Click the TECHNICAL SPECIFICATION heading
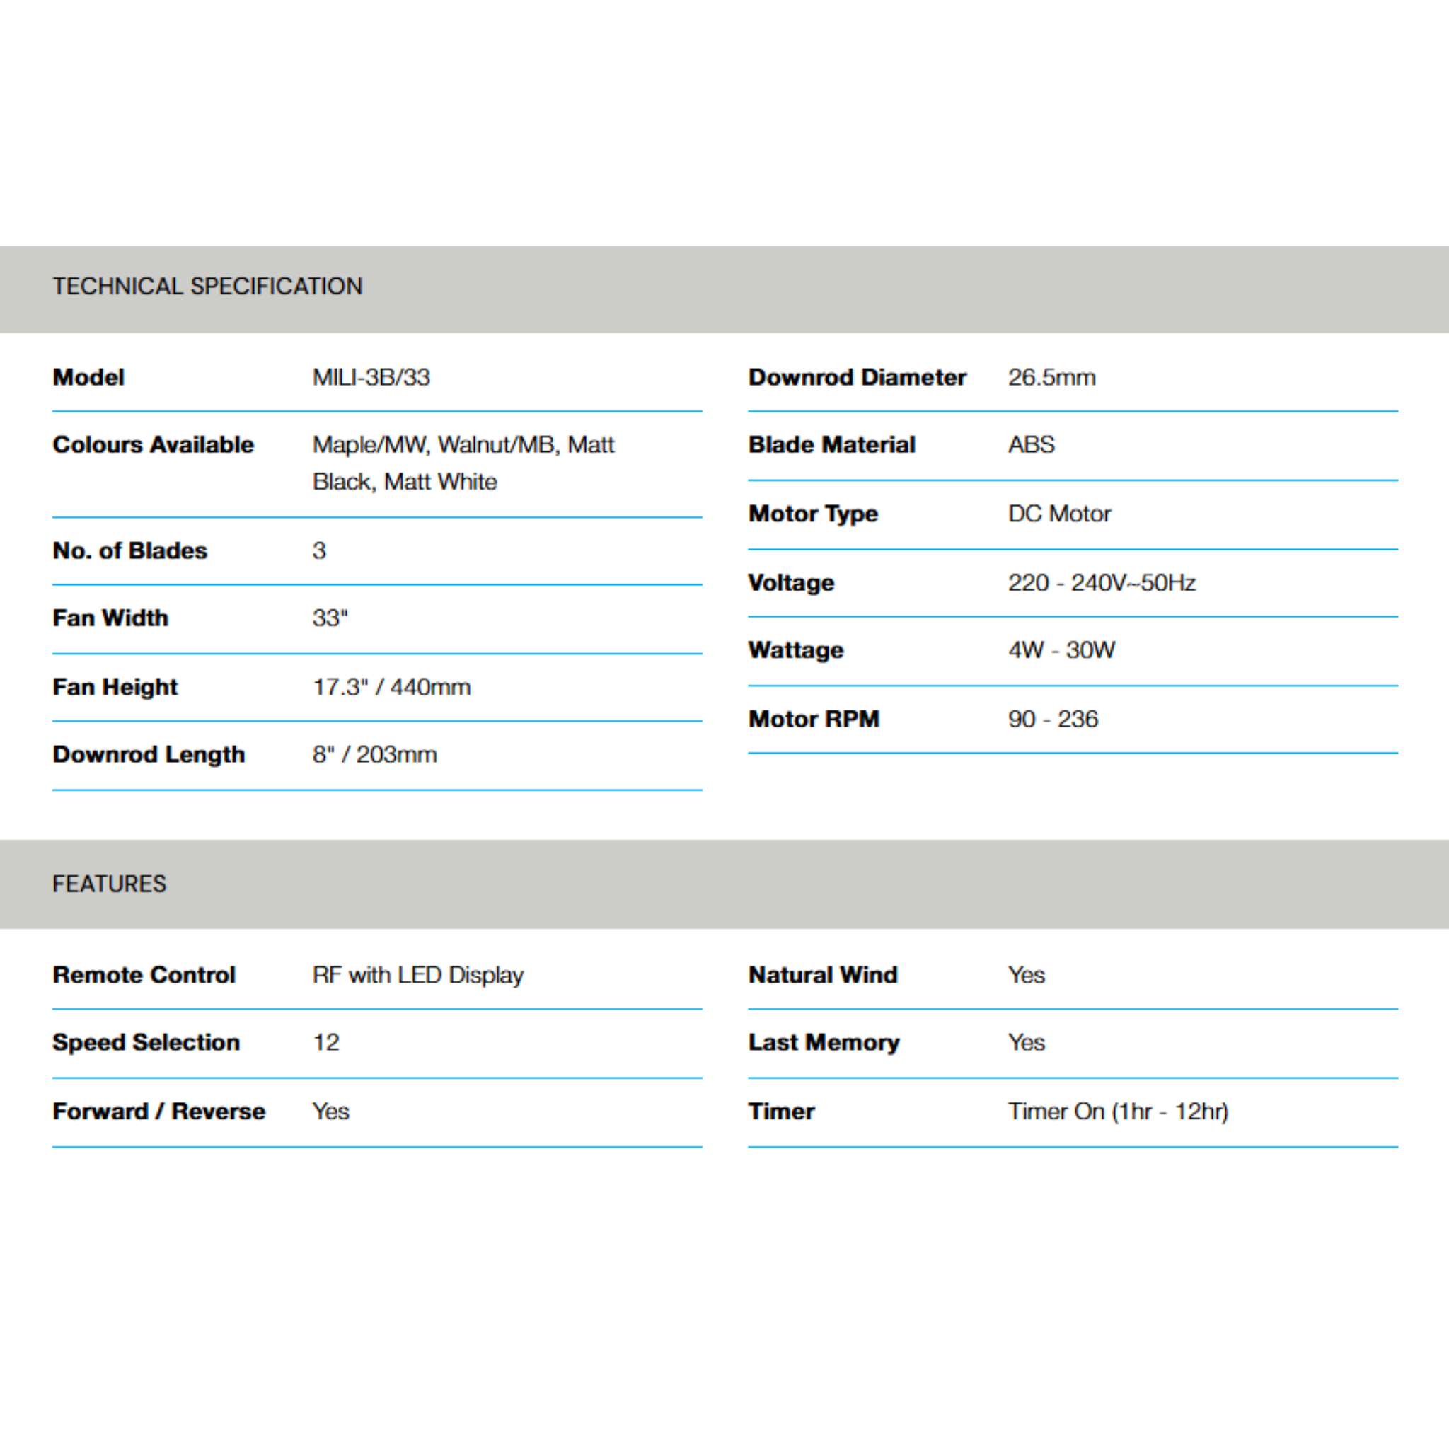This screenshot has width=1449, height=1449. point(207,286)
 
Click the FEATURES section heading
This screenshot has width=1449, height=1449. point(110,884)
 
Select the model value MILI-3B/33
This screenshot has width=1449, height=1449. point(371,376)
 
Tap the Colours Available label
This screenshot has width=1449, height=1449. point(153,444)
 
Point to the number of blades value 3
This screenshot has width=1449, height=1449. point(320,550)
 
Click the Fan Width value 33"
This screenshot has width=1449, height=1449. point(330,618)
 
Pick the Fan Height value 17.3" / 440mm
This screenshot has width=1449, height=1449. point(391,687)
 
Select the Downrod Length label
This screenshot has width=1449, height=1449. point(149,754)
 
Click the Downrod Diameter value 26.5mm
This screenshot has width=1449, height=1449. point(1051,376)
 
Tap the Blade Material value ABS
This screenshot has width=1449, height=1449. point(1032,444)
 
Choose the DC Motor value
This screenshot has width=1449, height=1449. point(1059,514)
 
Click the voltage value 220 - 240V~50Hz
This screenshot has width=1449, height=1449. point(1101,583)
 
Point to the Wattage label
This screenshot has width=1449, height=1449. point(796,650)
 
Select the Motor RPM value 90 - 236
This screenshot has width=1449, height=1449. point(1053,719)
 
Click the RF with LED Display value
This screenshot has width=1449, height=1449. point(417,975)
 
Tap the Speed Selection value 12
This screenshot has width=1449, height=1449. point(326,1042)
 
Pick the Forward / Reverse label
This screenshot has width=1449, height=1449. point(159,1112)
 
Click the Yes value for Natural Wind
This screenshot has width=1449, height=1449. point(1026,975)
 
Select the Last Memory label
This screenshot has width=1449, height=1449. point(824,1042)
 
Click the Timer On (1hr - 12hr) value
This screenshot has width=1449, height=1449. point(1117,1112)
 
